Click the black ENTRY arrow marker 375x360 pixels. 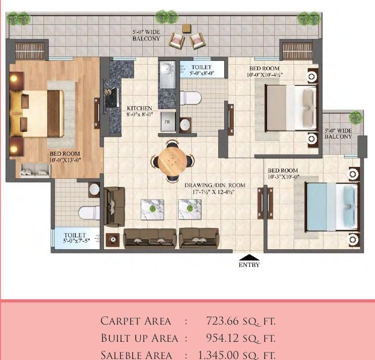[x=248, y=256]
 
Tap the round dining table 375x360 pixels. [x=172, y=161]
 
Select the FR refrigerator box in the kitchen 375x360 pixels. [x=166, y=121]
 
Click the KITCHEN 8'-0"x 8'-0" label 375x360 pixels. [x=139, y=112]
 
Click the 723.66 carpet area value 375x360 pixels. [x=240, y=321]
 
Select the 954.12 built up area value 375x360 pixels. [x=240, y=338]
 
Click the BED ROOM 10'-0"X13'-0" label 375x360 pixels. [x=64, y=157]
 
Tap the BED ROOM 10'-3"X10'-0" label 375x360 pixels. [x=283, y=174]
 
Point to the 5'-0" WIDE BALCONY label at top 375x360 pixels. [x=146, y=35]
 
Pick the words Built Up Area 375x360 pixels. [x=139, y=338]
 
